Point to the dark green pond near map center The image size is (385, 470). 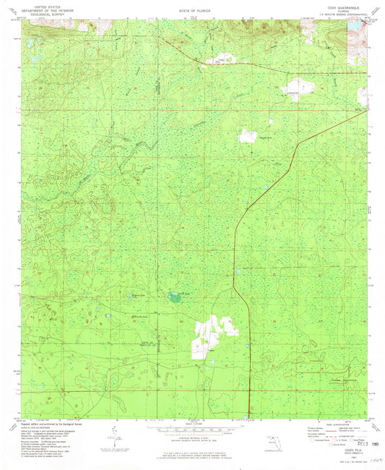click(x=174, y=296)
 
